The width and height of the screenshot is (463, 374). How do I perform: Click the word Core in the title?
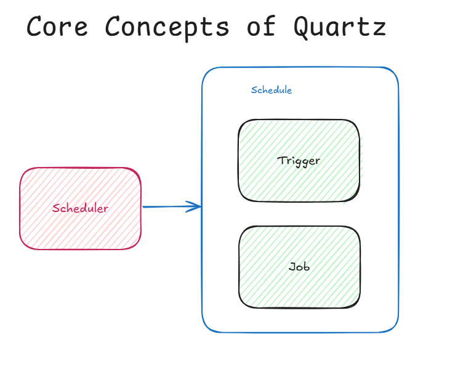tap(56, 27)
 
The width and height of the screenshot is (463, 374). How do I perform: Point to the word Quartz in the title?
tap(340, 27)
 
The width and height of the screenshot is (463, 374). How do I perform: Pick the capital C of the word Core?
tap(34, 27)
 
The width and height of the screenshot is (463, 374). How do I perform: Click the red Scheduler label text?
tap(80, 208)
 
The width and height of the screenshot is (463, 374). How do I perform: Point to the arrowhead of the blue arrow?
tap(198, 206)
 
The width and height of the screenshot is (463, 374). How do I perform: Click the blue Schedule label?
tap(272, 90)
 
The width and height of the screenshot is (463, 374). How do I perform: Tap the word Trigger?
tap(299, 161)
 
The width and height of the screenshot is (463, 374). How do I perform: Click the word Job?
tap(299, 267)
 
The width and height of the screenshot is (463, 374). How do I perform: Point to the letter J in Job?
tap(292, 266)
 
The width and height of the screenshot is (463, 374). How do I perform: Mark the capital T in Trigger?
tap(281, 160)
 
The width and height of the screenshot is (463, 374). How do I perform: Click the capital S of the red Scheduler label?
tap(55, 208)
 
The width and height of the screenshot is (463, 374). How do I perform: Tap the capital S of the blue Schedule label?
tap(254, 90)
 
